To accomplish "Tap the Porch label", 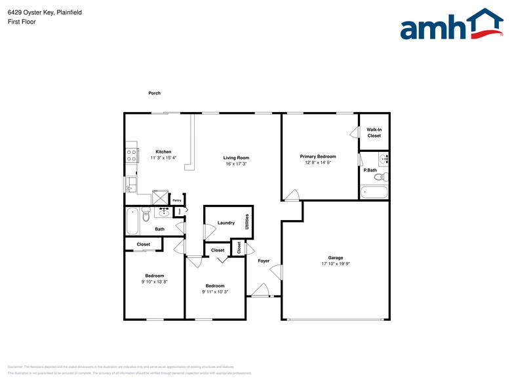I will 154,94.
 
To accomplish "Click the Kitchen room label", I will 163,152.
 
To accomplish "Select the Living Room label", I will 236,158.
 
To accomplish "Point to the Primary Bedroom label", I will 318,156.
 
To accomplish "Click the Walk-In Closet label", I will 374,133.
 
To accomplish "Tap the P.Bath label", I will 370,170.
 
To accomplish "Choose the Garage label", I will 336,258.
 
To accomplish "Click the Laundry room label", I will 226,223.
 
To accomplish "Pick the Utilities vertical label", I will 247,222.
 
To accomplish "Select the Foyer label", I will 264,261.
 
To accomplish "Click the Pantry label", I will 177,200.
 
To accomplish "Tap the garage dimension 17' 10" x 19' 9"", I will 336,264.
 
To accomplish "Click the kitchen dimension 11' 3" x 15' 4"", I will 163,158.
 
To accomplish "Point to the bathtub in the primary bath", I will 374,192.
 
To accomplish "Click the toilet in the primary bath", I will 380,175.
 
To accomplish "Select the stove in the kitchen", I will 132,155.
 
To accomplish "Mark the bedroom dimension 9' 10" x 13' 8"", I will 155,282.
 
